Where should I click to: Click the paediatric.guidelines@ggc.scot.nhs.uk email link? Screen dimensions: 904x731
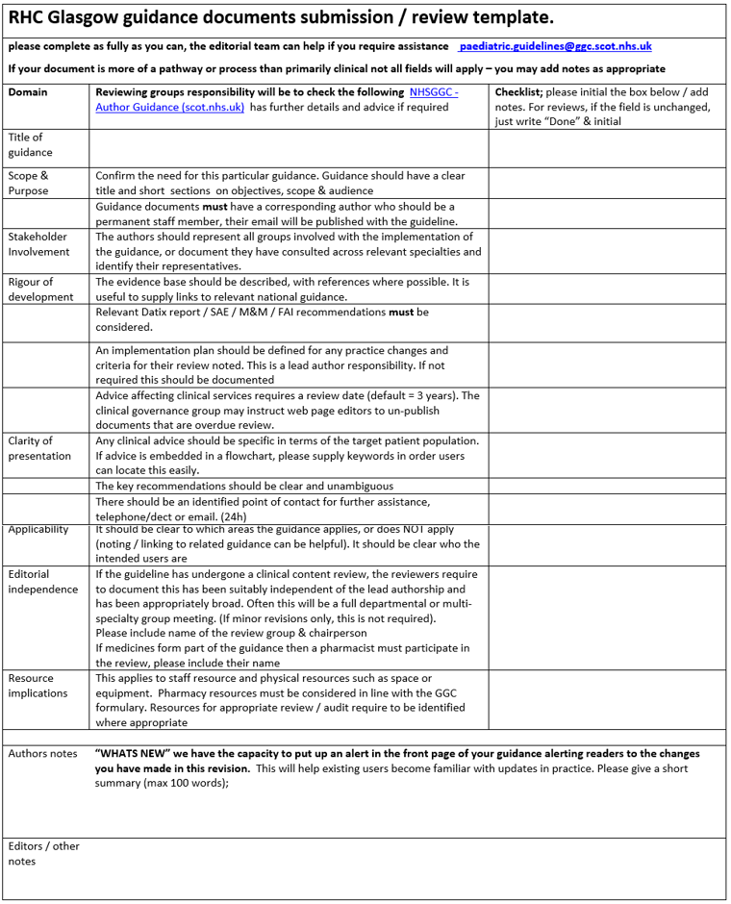(556, 46)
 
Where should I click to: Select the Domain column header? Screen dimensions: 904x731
(28, 92)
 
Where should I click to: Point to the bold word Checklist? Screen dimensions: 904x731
(517, 92)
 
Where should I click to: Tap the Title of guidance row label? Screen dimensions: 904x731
(31, 145)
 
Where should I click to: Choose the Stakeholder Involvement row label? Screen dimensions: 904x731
(39, 244)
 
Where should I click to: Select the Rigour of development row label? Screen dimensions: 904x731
(40, 289)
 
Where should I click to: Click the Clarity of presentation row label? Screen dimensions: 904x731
(39, 448)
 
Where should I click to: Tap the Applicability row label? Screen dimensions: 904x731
(38, 530)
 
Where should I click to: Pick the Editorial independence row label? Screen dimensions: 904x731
(43, 582)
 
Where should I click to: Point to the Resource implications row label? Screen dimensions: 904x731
(38, 686)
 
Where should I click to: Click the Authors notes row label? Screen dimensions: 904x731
(42, 754)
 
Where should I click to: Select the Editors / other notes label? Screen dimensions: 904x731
(43, 854)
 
